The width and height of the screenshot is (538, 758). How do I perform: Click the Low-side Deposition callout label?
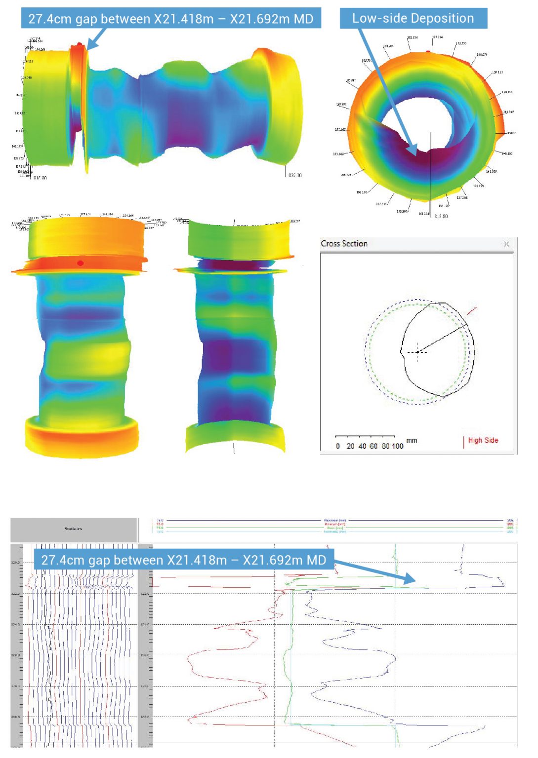(413, 18)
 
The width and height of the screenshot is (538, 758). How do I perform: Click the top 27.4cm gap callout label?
(171, 19)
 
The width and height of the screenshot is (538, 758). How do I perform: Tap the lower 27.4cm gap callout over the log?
(184, 560)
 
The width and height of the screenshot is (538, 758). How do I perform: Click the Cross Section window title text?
(344, 244)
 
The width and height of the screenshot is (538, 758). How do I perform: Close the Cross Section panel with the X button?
(506, 244)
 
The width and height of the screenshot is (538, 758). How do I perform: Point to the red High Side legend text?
(483, 441)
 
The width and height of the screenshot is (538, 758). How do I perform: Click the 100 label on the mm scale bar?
(398, 446)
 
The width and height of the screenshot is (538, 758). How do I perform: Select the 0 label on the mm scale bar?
(338, 446)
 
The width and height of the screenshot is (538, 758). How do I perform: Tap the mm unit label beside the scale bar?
(412, 441)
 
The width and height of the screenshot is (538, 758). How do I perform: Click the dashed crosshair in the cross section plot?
(417, 352)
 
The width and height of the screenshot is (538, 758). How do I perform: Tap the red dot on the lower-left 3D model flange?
(80, 263)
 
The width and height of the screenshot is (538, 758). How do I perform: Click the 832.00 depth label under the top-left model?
(294, 175)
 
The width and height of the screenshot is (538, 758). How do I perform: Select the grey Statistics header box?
(74, 530)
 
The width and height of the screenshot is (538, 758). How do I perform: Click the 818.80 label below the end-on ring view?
(441, 216)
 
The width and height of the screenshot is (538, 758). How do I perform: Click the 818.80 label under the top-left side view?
(40, 178)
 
